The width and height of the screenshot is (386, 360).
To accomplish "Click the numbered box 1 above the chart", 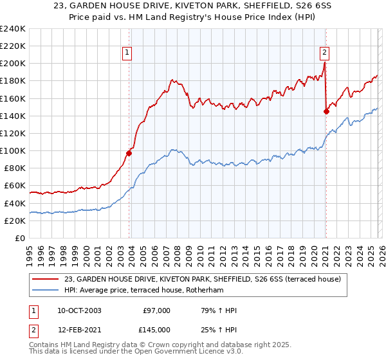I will [x=127, y=53].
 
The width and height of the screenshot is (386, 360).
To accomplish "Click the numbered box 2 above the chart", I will [x=325, y=53].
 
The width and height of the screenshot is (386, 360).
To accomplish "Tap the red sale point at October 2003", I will [x=129, y=153].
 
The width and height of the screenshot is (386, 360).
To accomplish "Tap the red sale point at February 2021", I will [x=326, y=111].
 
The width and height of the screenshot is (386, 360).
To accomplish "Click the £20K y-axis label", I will [x=15, y=221].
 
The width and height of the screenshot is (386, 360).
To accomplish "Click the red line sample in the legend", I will [x=46, y=278].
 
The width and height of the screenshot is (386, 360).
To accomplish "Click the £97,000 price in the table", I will [x=156, y=310].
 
